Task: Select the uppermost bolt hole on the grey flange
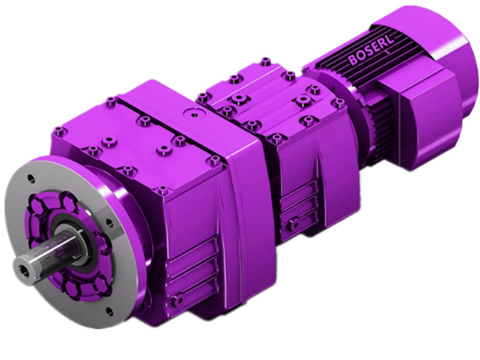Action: point(32,178)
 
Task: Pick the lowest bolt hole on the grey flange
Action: point(110,311)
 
